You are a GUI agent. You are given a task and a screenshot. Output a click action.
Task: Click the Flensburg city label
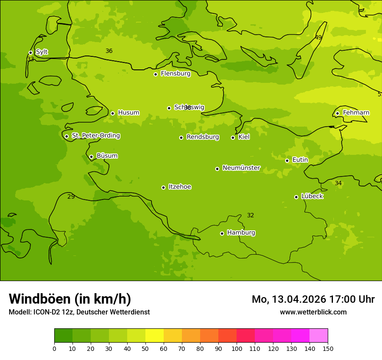coord(175,74)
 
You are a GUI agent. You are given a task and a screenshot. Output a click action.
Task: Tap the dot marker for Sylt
coord(30,52)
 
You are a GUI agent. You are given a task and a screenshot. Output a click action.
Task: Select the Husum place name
coord(128,113)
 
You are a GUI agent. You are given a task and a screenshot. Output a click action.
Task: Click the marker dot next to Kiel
coord(233,137)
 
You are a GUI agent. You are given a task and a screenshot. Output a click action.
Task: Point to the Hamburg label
coord(241,233)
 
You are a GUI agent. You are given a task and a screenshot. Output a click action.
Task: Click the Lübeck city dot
coord(296,197)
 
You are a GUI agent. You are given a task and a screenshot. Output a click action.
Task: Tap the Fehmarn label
coord(356,113)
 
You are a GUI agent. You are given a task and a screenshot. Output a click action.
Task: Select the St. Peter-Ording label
coord(95,136)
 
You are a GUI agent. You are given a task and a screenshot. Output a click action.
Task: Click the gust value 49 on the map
coord(318,38)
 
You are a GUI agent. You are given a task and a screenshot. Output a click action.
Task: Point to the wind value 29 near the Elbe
coord(71,197)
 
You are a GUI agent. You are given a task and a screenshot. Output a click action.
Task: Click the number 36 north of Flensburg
coord(109,51)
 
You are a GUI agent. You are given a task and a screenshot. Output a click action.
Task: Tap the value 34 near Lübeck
coord(338,183)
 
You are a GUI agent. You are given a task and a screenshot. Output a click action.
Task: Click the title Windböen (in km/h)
coord(70,299)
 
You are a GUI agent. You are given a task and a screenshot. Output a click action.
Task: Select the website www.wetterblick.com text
coord(313,312)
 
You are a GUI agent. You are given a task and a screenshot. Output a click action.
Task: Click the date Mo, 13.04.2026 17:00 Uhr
coord(313,299)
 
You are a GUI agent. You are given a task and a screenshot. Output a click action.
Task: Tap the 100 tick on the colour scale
coord(237,349)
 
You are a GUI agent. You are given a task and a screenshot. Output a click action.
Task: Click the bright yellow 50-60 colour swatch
coord(155,336)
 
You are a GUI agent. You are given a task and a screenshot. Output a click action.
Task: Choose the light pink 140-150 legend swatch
coord(319,336)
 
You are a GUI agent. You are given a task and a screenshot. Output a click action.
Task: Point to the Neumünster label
coord(241,168)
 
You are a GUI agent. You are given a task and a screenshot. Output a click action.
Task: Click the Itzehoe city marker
coord(163,187)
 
